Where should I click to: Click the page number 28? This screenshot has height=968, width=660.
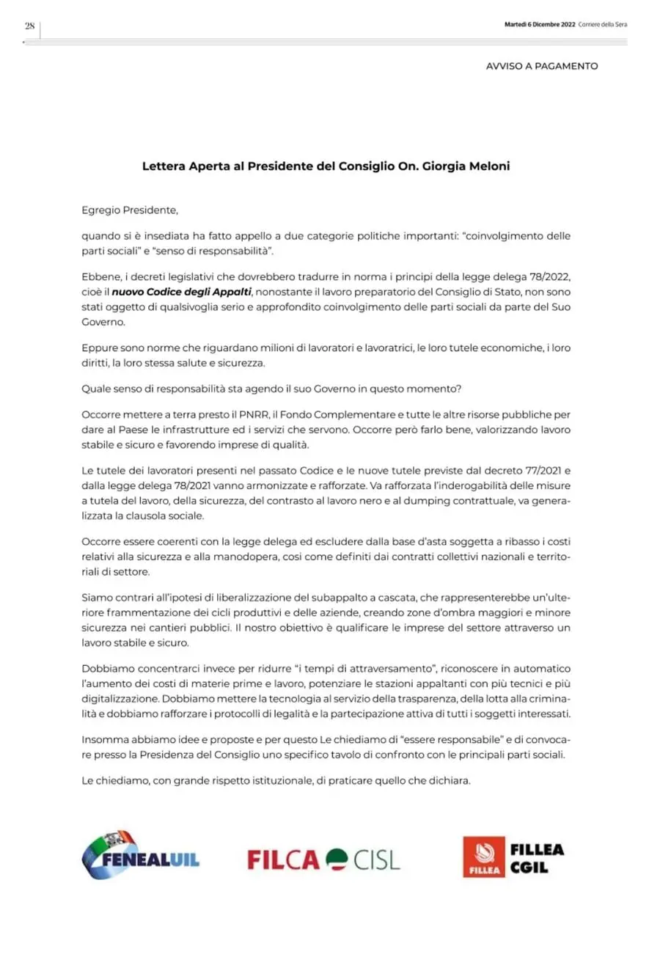click(x=29, y=26)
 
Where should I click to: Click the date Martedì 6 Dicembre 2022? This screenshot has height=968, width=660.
click(x=540, y=24)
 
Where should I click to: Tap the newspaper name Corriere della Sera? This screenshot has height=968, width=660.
click(x=603, y=24)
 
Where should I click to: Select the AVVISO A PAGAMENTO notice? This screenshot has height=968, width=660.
click(x=542, y=66)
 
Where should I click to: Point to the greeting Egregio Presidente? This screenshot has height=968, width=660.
click(x=130, y=210)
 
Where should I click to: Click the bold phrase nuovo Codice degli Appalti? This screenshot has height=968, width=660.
click(x=182, y=292)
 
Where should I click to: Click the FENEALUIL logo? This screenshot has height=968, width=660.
click(x=140, y=856)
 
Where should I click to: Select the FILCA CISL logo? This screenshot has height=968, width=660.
click(x=323, y=859)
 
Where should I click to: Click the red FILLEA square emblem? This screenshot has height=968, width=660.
click(x=484, y=857)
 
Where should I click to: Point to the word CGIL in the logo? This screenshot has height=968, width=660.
click(x=529, y=868)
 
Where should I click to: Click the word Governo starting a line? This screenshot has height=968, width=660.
click(x=103, y=322)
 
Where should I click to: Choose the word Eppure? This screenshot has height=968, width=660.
click(x=100, y=348)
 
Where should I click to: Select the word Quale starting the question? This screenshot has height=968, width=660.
click(x=98, y=389)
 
